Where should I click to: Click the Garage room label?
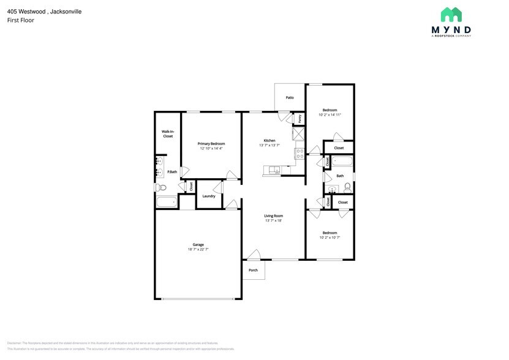[x=198, y=244]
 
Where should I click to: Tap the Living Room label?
[x=273, y=216]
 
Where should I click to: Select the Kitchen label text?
[x=269, y=140]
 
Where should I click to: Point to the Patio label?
[x=290, y=97]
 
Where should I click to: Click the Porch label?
[x=253, y=270]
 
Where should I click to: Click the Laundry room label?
[x=208, y=196]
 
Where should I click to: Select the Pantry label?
[x=300, y=118]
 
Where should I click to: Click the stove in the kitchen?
[x=300, y=154]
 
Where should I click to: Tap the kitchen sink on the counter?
[x=273, y=170]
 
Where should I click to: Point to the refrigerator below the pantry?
[x=299, y=134]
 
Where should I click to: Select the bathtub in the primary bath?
[x=166, y=202]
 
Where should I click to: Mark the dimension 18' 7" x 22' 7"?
[x=198, y=249]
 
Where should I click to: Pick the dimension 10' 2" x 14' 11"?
[x=330, y=114]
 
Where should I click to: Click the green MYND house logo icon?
[x=451, y=14]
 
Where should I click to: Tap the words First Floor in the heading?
[x=20, y=20]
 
